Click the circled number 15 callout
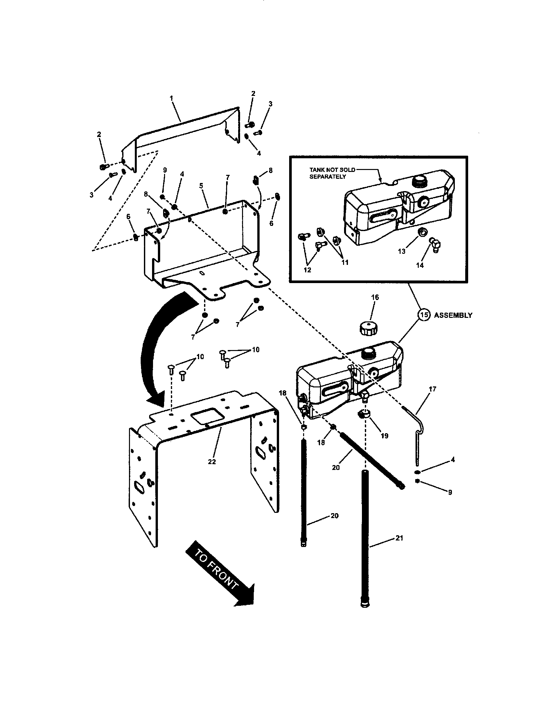pos(424,315)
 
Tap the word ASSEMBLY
pos(453,315)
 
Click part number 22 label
pos(212,461)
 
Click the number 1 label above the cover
pos(171,98)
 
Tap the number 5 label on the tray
pos(201,186)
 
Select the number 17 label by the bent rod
pos(432,389)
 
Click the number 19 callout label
pos(384,436)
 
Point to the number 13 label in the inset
pos(402,251)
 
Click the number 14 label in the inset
pos(420,265)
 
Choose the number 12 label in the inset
pos(307,270)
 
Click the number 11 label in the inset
pos(345,262)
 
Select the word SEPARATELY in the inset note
pos(327,177)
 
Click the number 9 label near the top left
pos(165,170)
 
